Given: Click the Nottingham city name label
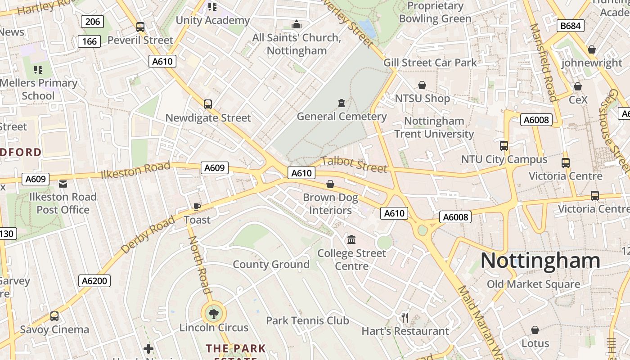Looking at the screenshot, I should coord(540,261).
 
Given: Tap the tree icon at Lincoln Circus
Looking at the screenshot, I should coord(214,313).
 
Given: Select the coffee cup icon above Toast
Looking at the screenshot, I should coord(197,207).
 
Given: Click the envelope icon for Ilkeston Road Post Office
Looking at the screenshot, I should coord(63,184).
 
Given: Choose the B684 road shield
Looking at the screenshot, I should coord(570,26).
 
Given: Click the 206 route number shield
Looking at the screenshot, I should coord(92,21).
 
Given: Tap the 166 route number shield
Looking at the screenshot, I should coord(89,41).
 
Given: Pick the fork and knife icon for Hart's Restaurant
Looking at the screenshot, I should coord(405,318).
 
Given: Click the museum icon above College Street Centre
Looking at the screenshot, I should coord(351,239).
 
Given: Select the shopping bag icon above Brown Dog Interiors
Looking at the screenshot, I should coord(330,184).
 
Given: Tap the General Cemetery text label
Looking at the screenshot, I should coord(342,117).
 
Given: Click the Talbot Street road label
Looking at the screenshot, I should coord(354,164).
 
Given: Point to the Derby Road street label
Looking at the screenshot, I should coord(147,235).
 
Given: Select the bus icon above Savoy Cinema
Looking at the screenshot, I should coord(54,316).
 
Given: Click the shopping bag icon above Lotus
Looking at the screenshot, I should coord(535,330).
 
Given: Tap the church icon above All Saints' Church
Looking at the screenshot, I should coord(297,24).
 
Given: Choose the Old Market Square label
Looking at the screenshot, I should coord(533,284).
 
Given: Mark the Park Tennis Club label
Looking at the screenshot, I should coord(307,321).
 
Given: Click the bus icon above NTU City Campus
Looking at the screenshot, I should coord(504,146).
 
